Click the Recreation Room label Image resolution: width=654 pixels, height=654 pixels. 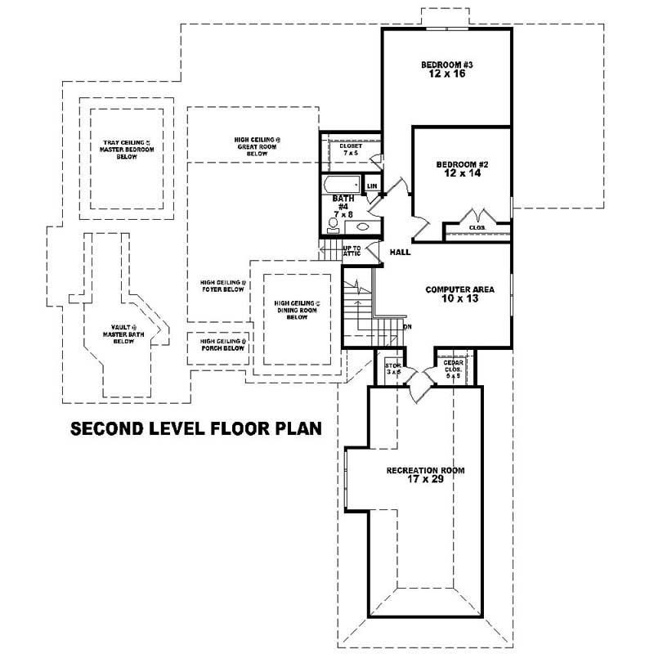coord(425,471)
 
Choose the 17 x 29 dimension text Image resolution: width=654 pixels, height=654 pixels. coord(425,482)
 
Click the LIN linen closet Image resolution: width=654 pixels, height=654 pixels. coord(372,186)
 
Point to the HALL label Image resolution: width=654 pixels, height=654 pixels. coord(400,253)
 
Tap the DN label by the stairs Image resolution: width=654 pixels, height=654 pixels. coord(407,327)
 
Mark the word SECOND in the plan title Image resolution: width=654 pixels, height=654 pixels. coord(105,428)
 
